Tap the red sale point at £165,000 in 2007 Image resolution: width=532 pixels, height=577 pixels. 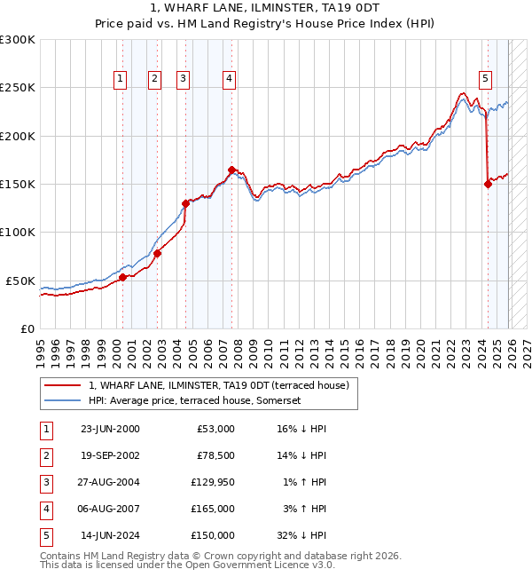coord(231,170)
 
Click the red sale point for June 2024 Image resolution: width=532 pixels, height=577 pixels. coord(488,185)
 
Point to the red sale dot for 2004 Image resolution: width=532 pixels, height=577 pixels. coord(186,203)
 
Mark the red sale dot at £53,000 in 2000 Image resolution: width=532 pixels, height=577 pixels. coord(122,278)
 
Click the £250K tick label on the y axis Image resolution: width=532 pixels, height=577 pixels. coord(18,88)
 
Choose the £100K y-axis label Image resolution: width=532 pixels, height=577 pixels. coord(18,233)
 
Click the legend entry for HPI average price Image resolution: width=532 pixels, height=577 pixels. coord(195,400)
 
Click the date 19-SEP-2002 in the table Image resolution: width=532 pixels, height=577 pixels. coord(110,455)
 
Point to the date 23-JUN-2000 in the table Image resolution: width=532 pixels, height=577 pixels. coord(110,429)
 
